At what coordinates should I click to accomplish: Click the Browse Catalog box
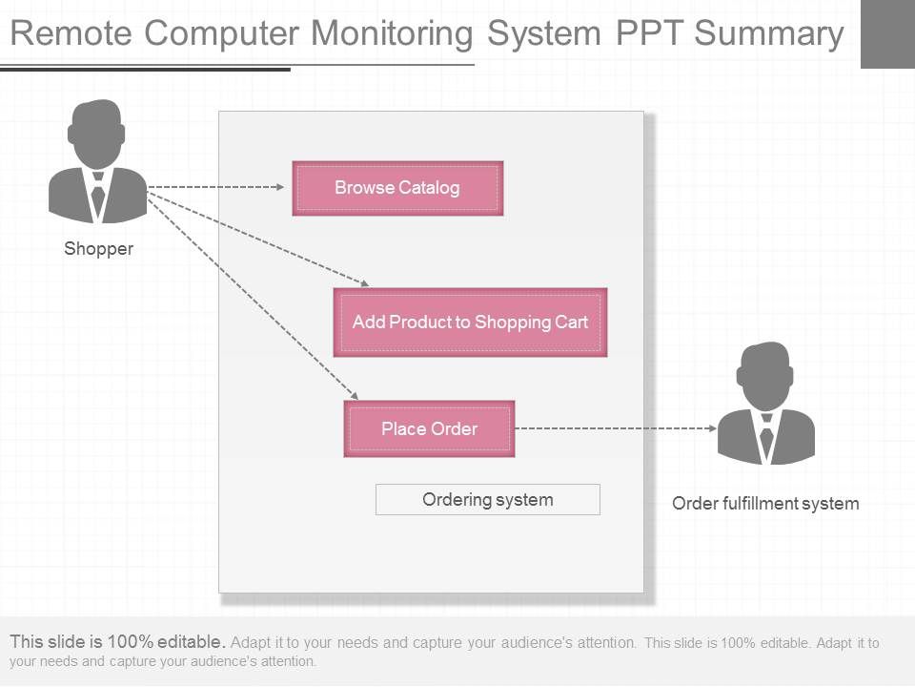(x=397, y=188)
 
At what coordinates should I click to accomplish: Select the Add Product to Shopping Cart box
(x=470, y=323)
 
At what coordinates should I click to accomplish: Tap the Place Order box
(x=429, y=428)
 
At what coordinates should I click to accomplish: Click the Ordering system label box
(x=487, y=499)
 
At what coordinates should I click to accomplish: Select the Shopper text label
(x=98, y=249)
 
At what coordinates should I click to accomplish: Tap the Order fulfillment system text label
(x=765, y=503)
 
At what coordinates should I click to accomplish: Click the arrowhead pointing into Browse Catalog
(x=280, y=187)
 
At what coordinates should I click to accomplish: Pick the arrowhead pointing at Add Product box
(x=363, y=282)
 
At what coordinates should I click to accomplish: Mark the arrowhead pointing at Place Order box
(x=354, y=395)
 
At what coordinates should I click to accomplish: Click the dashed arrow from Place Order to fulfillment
(x=610, y=428)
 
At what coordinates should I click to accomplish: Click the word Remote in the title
(x=71, y=33)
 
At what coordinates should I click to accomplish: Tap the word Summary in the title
(x=769, y=33)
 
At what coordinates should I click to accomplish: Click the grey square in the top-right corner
(x=886, y=34)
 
